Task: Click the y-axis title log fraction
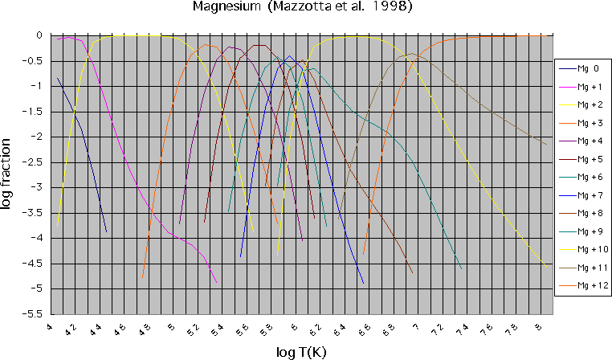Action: pos(7,174)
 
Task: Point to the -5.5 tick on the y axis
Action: pos(36,314)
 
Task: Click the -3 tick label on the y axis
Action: pos(40,187)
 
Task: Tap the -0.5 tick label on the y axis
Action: pos(36,61)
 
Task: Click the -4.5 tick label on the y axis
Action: pos(36,264)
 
